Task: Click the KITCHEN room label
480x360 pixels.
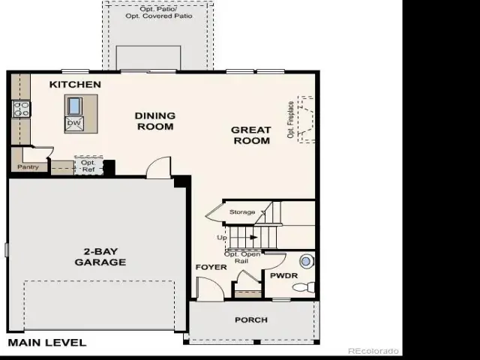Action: (x=75, y=85)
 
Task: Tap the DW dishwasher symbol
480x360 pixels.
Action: (x=74, y=123)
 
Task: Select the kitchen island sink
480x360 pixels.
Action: (x=74, y=106)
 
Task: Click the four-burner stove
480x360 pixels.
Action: (x=22, y=109)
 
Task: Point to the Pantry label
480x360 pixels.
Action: (x=28, y=166)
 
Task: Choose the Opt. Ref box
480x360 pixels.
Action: (x=88, y=166)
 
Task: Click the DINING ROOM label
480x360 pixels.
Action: (x=155, y=121)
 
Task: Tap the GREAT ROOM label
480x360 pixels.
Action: (x=251, y=135)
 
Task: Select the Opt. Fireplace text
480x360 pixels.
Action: (x=291, y=120)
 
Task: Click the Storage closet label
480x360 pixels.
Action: (x=242, y=211)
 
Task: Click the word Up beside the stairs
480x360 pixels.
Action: (x=222, y=238)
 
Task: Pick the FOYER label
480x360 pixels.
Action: (x=211, y=267)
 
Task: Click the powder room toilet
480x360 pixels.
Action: (x=304, y=287)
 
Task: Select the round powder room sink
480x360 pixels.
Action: (x=306, y=262)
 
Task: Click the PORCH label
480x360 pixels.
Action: (x=251, y=320)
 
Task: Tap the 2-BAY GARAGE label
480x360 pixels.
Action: (x=100, y=256)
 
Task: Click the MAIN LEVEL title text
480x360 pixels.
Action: (x=47, y=343)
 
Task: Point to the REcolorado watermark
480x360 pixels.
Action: (x=373, y=351)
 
